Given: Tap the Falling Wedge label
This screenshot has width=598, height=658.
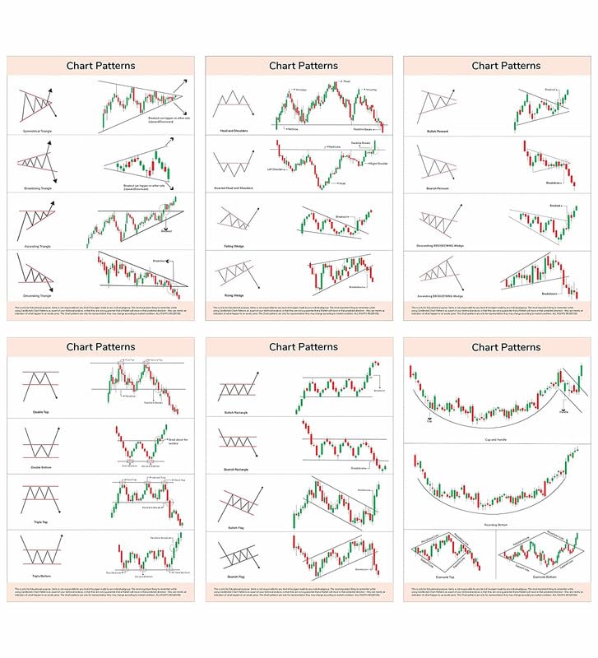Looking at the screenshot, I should point(229,246).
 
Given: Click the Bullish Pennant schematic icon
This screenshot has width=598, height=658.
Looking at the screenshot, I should point(436,107).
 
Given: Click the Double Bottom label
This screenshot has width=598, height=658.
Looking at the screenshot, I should point(39,469).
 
